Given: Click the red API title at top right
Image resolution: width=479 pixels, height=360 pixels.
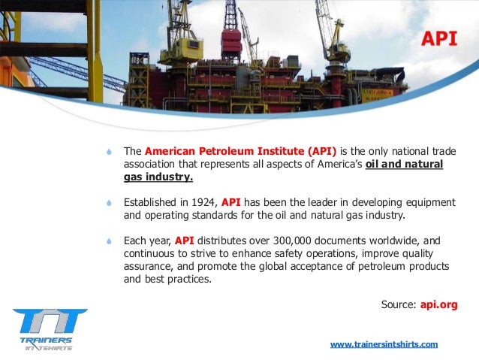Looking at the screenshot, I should (438, 39).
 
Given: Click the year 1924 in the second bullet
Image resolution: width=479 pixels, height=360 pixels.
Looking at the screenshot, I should (203, 202).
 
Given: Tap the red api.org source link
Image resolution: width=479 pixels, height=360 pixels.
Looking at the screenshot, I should (439, 304).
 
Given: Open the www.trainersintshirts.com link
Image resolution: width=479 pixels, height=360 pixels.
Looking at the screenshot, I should (384, 344).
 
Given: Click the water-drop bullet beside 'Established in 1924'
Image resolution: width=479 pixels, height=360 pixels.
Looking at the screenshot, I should (110, 203).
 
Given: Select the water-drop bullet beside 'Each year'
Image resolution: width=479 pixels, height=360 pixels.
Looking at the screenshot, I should (110, 241).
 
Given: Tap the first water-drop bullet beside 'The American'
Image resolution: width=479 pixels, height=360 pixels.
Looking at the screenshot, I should (110, 150).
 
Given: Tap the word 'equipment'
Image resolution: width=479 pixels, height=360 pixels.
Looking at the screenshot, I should (429, 202).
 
